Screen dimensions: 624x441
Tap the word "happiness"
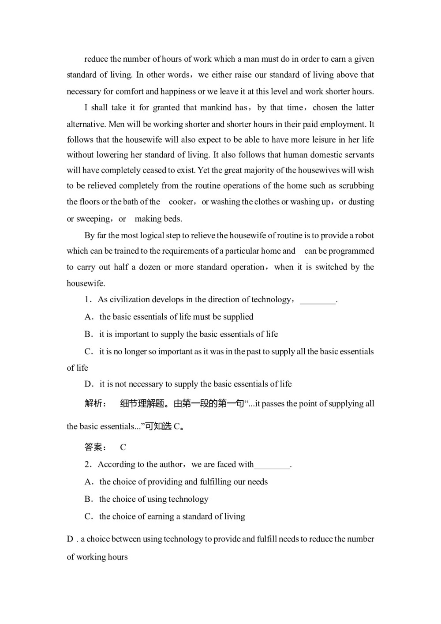[178, 92]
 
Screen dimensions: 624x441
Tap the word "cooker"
[181, 202]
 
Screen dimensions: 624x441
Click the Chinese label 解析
[93, 404]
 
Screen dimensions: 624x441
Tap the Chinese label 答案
[93, 447]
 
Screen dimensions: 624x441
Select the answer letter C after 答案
[123, 447]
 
